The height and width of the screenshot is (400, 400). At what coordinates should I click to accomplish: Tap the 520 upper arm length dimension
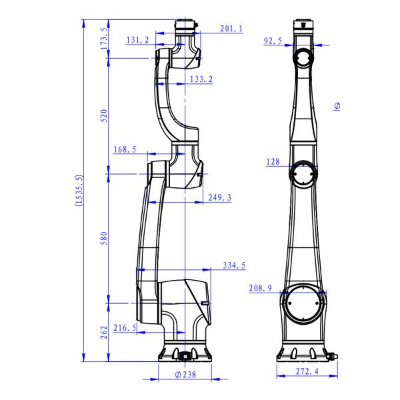(103, 116)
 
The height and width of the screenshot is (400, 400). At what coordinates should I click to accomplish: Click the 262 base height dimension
(103, 333)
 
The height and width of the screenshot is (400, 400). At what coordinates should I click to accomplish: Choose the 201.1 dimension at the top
(231, 28)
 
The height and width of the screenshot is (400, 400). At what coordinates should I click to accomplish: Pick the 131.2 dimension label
(138, 40)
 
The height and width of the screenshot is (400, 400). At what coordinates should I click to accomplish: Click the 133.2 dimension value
(201, 79)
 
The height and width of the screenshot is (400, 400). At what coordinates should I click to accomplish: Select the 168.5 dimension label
(125, 149)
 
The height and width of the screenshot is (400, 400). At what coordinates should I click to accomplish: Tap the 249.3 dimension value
(220, 197)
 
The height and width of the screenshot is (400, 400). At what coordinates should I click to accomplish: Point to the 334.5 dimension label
(234, 265)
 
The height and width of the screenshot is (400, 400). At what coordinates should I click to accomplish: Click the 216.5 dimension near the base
(125, 328)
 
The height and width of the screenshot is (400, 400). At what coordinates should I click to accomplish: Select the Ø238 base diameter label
(185, 375)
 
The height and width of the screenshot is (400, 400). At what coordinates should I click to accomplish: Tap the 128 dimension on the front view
(273, 161)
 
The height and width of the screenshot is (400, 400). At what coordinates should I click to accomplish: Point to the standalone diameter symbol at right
(337, 107)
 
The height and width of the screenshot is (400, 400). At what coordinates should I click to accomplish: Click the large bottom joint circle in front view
(305, 303)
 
